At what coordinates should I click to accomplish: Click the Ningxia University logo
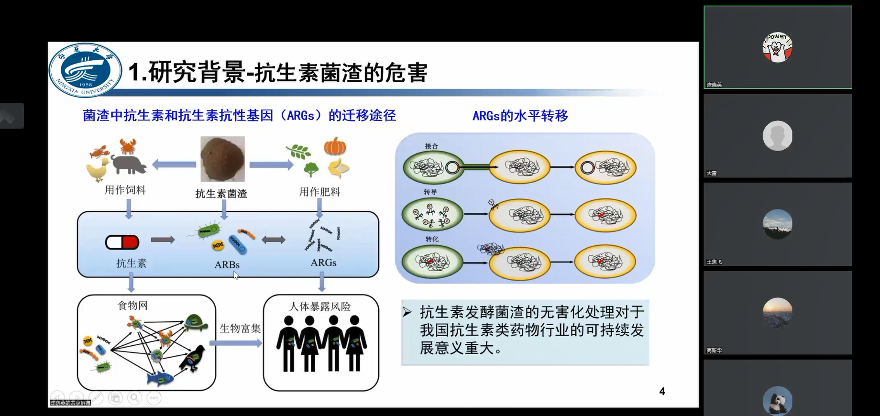85,70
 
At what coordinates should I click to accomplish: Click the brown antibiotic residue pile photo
222,159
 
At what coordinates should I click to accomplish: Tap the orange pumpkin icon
335,146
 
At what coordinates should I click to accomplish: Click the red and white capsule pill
122,242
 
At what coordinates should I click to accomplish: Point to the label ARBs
227,264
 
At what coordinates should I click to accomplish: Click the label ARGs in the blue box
323,263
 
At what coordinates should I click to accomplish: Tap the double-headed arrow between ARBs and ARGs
273,240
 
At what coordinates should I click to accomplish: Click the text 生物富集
240,328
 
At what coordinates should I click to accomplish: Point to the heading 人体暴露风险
320,306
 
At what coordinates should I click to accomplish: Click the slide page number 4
662,392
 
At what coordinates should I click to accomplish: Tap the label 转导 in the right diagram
430,192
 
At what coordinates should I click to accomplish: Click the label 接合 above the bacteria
431,146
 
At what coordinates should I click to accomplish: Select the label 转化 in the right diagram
431,239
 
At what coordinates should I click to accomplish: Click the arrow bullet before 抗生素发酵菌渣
407,312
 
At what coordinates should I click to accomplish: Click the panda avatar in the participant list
777,401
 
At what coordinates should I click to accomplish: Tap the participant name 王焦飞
714,262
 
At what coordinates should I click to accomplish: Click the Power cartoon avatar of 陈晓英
777,47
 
